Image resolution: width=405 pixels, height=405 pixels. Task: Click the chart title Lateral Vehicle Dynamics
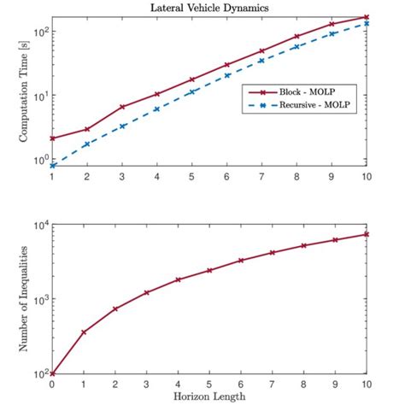(x=210, y=8)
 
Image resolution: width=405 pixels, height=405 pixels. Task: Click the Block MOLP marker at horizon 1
(x=53, y=138)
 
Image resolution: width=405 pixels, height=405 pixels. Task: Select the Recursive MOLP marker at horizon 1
(x=53, y=165)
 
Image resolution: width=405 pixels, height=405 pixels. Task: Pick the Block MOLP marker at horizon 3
(x=123, y=107)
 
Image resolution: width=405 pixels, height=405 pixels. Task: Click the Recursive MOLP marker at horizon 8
(x=297, y=46)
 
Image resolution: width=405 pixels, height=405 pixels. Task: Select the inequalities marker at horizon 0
(x=53, y=373)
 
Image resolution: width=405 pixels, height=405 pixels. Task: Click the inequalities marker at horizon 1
(x=84, y=332)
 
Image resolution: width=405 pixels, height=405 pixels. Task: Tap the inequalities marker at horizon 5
(x=210, y=270)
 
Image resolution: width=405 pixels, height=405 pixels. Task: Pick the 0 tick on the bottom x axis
(x=53, y=384)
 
